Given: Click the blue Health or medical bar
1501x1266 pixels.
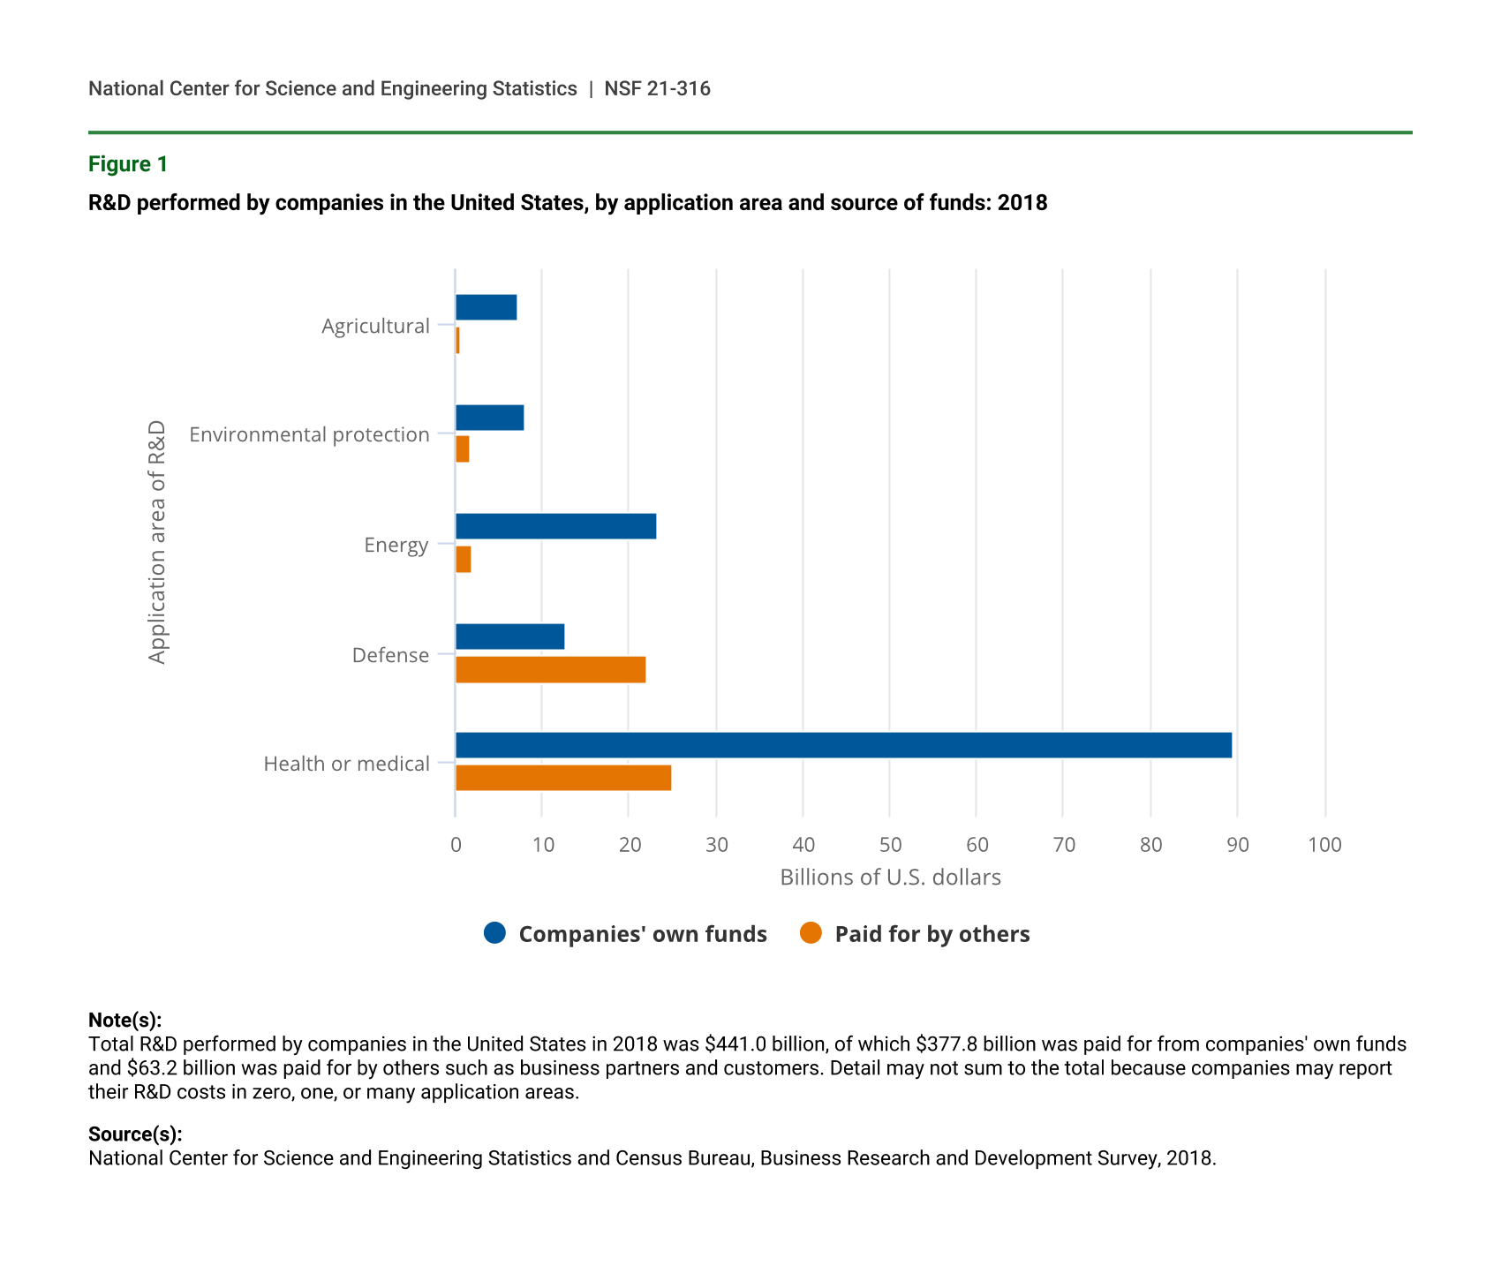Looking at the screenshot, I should [x=843, y=745].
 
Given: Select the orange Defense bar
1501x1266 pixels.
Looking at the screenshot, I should [x=550, y=670].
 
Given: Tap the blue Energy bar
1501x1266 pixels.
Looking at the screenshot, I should [x=555, y=526].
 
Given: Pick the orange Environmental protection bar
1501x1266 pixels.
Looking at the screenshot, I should [x=462, y=449].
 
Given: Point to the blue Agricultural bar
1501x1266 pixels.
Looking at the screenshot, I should [x=486, y=307].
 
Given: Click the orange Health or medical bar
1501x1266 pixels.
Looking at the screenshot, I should [x=563, y=778].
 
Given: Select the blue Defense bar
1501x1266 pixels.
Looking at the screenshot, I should [x=509, y=637].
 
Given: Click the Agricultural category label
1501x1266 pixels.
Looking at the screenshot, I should [x=375, y=326].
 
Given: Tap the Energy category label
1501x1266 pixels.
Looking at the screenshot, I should [x=396, y=545].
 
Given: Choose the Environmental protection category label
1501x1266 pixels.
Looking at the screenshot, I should [x=309, y=434].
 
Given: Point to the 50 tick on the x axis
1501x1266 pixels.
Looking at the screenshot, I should [x=890, y=845].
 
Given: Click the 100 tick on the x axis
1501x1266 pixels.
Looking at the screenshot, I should [x=1324, y=845].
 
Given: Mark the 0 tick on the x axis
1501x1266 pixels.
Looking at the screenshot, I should [x=456, y=845].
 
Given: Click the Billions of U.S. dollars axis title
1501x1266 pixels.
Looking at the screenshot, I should [x=890, y=878].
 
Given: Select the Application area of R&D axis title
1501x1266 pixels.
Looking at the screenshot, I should [x=157, y=542].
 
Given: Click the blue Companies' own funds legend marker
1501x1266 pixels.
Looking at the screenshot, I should [x=495, y=933].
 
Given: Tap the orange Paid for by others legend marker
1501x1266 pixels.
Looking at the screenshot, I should [x=811, y=933].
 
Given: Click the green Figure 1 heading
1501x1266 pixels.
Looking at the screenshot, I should [x=128, y=164].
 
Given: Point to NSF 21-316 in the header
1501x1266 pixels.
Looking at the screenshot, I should [x=657, y=88].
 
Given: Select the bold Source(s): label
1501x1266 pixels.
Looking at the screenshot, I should [x=135, y=1134].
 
